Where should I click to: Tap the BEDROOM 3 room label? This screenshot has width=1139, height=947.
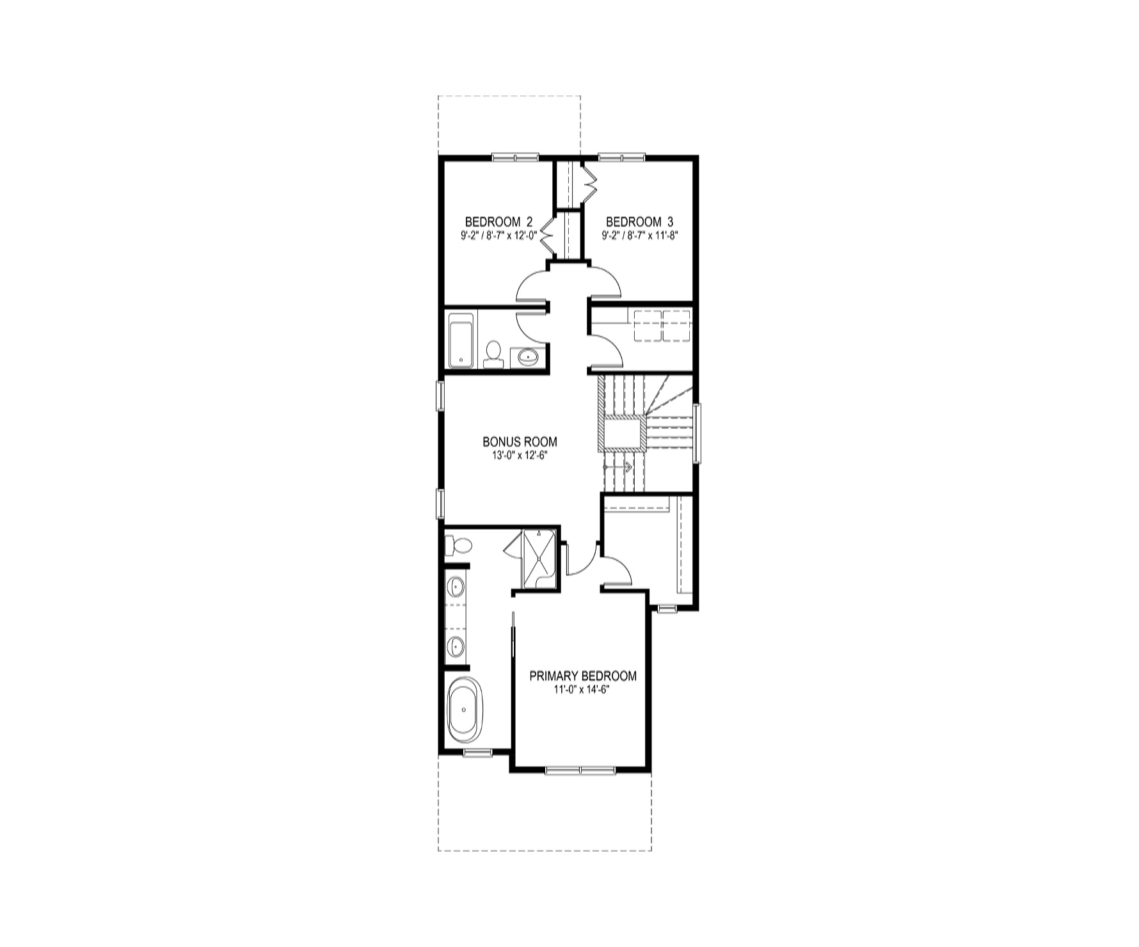[x=639, y=222]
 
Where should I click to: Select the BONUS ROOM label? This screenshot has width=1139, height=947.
[x=520, y=442]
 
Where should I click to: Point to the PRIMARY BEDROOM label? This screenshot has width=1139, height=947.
[x=583, y=676]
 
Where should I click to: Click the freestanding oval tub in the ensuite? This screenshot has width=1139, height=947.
[x=466, y=710]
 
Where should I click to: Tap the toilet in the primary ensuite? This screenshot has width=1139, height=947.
[x=458, y=546]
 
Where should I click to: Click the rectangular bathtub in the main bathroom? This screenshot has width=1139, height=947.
[x=461, y=340]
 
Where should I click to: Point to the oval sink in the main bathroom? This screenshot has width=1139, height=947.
[x=528, y=356]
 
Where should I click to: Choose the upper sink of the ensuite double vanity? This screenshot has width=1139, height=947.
[x=456, y=585]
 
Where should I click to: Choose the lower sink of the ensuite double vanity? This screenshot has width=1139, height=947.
[x=456, y=646]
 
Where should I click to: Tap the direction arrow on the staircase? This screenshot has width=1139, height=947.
[x=617, y=467]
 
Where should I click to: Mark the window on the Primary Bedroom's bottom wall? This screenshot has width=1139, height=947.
[x=580, y=770]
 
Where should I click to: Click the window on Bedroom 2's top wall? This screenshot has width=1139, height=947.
[x=516, y=157]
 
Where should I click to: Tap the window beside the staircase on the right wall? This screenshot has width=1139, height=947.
[x=697, y=432]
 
